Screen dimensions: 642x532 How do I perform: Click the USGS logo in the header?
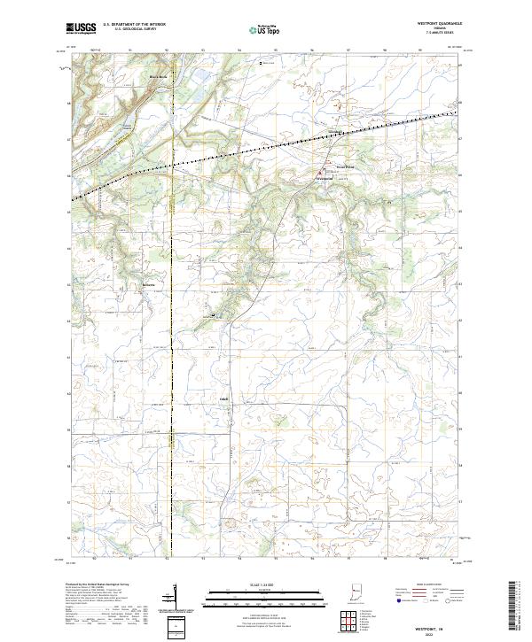pyautogui.click(x=81, y=29)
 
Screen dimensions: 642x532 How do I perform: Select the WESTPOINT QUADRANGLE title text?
pyautogui.click(x=440, y=24)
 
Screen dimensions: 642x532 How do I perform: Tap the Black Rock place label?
pyautogui.click(x=157, y=77)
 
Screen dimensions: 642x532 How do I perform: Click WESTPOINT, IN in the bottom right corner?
pyautogui.click(x=438, y=626)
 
